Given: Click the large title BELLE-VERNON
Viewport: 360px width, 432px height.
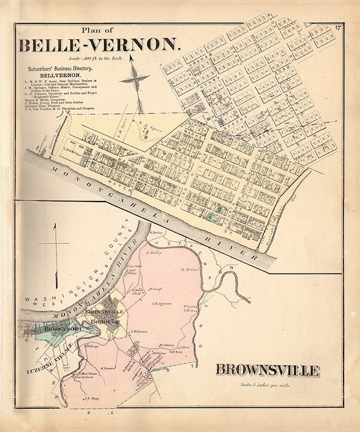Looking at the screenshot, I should tap(100, 46).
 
